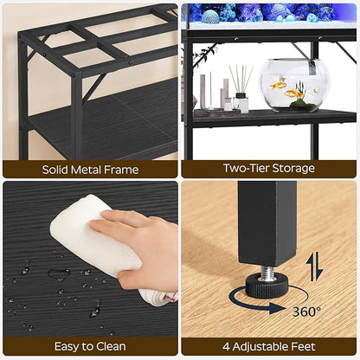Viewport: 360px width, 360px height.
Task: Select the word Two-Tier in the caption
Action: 243,168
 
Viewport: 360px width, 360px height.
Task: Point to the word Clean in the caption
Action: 109,346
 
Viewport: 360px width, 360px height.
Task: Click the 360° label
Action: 305,310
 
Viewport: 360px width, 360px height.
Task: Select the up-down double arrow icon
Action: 315,266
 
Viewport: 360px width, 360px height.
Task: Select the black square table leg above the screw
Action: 266,225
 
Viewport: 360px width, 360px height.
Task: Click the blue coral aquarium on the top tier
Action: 268,12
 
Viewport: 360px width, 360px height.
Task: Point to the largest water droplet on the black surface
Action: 59,274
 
